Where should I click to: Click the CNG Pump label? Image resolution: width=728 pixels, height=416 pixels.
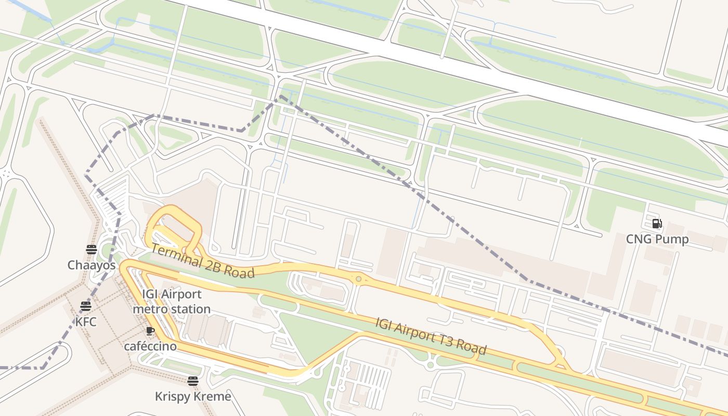click(657, 239)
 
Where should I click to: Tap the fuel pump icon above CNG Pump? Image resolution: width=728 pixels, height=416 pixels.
click(657, 224)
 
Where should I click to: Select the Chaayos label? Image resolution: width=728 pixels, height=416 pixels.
click(92, 265)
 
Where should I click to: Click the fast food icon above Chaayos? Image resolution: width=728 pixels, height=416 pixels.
click(92, 250)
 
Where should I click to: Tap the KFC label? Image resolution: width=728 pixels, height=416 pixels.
click(86, 322)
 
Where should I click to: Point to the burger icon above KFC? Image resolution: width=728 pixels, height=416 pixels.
click(86, 306)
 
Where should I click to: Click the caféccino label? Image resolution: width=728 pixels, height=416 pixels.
click(150, 346)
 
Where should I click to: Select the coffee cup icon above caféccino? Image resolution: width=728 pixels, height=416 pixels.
click(150, 331)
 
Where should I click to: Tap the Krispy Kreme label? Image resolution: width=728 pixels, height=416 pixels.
click(193, 396)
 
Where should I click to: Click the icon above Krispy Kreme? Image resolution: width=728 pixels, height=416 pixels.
click(193, 381)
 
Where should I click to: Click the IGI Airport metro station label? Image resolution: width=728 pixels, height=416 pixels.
click(172, 302)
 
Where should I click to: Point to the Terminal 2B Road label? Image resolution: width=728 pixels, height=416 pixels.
click(202, 261)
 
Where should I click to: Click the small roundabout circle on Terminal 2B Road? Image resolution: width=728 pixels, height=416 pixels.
click(358, 279)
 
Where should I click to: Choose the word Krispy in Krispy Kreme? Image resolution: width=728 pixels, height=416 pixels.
click(172, 396)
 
